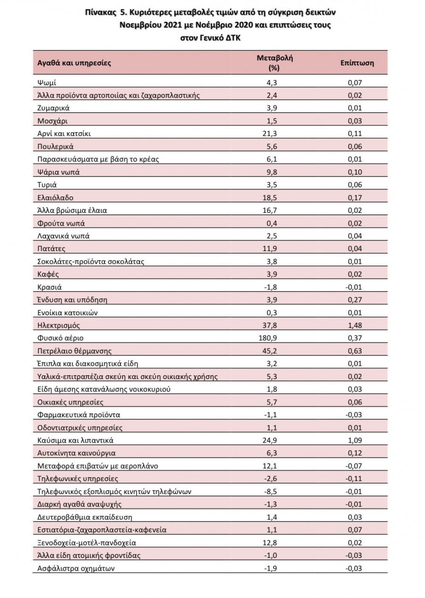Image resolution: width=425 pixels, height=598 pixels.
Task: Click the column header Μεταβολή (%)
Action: click(274, 62)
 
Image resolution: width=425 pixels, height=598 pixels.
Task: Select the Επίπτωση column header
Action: click(357, 63)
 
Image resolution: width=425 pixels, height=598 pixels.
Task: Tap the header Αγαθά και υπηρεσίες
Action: click(74, 63)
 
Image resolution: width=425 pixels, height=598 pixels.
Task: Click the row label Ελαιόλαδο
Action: click(55, 197)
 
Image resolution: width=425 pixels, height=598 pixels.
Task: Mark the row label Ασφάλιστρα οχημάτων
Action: click(76, 568)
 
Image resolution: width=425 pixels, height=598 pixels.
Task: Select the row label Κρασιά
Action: click(50, 287)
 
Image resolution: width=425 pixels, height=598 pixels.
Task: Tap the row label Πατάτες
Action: click(51, 248)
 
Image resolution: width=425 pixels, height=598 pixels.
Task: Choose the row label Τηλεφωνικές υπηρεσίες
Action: click(74, 479)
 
